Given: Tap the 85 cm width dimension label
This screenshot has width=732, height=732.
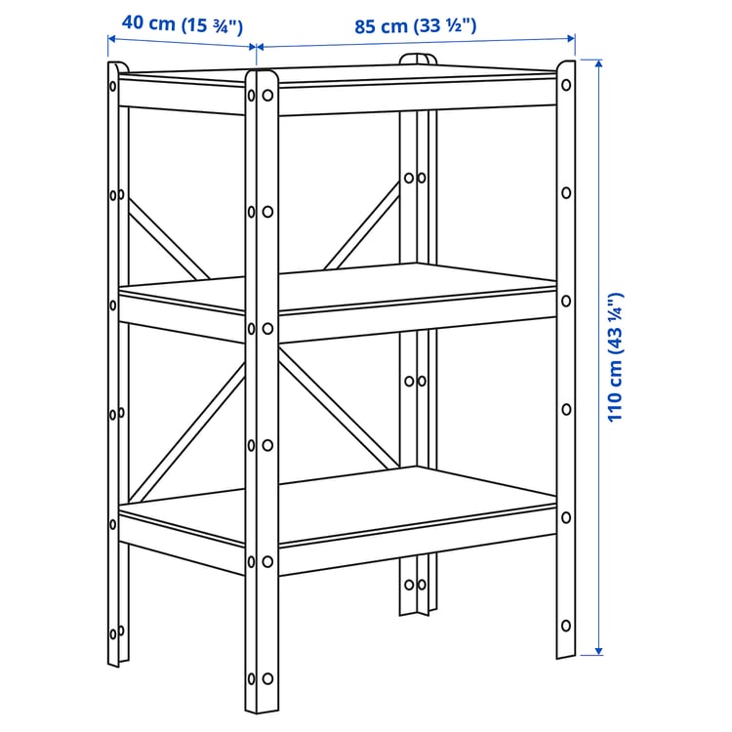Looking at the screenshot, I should point(416,26).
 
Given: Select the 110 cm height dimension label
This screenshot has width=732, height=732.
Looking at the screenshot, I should point(615,357).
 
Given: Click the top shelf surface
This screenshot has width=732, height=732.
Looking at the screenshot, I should point(342,76).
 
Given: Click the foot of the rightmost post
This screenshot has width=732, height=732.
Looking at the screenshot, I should point(565,652).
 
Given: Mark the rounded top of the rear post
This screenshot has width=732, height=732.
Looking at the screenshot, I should point(418,60).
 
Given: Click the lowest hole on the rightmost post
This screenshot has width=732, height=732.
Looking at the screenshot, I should point(566,625).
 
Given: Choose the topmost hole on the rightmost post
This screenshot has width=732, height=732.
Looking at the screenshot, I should point(566,87).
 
